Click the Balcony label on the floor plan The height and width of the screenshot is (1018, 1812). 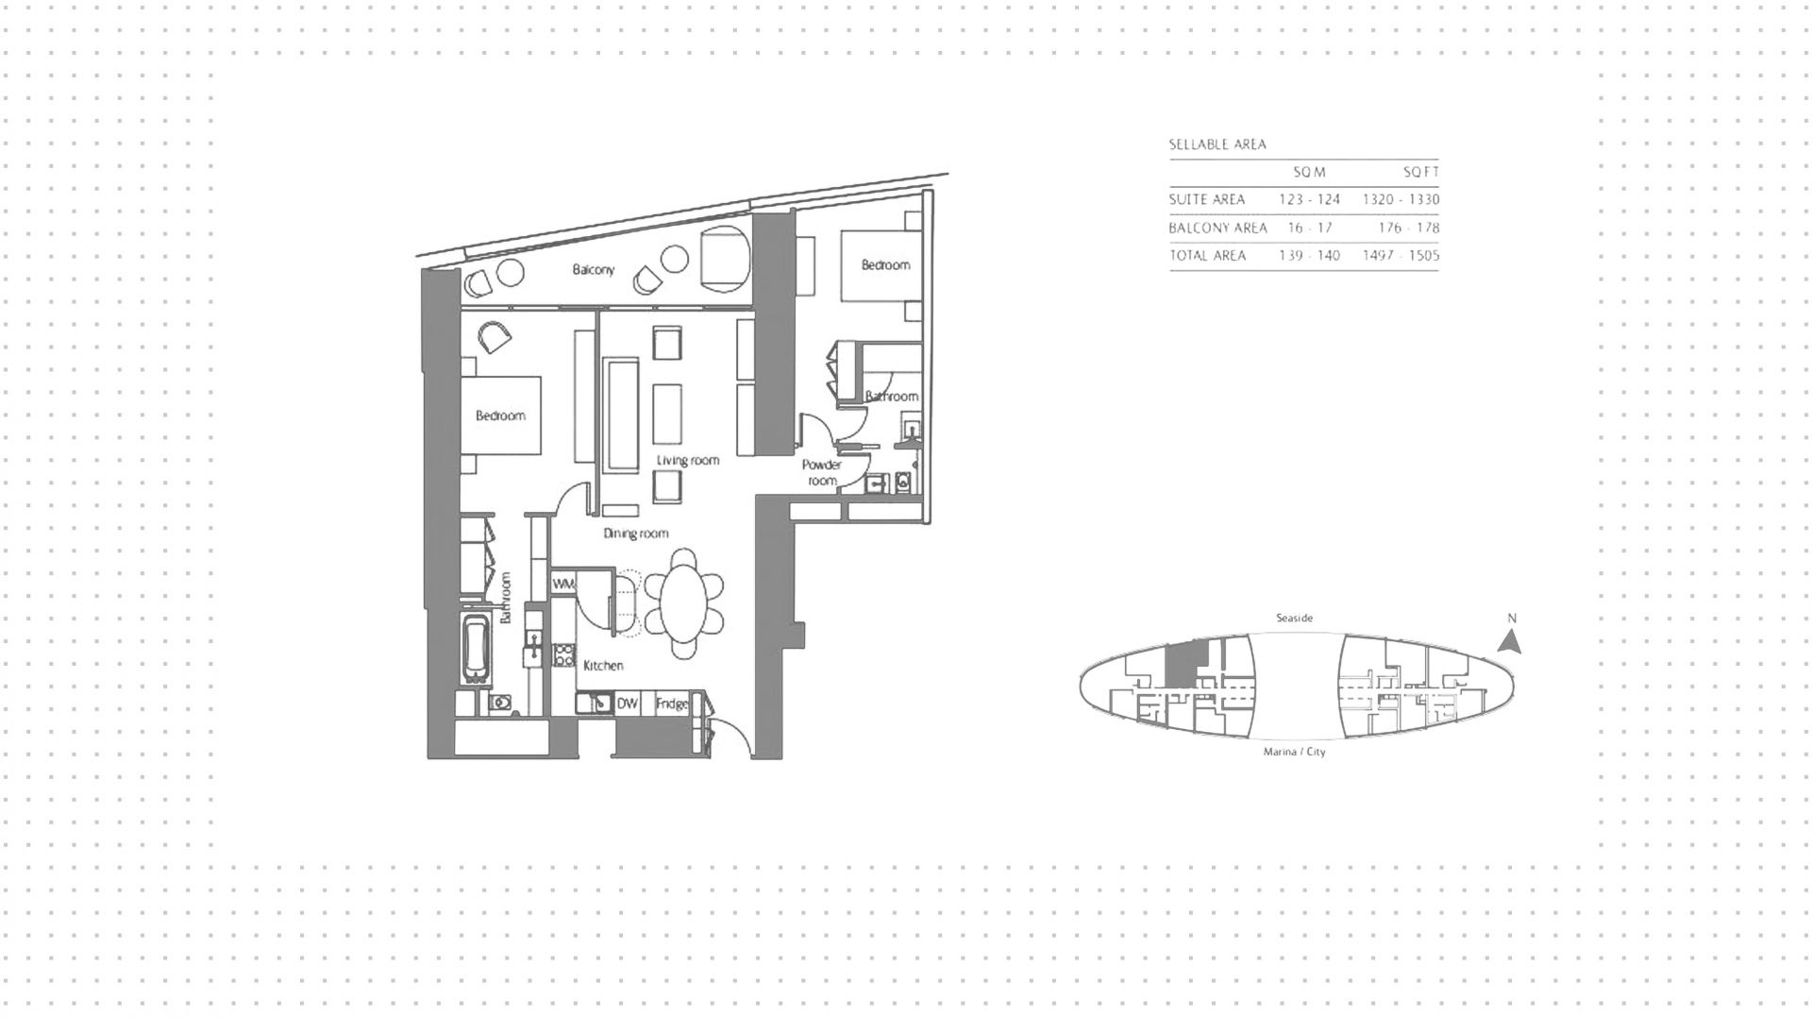(x=594, y=270)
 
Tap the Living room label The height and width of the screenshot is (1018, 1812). (x=688, y=461)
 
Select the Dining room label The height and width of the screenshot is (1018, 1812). (x=636, y=534)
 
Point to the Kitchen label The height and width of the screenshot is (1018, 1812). (x=603, y=666)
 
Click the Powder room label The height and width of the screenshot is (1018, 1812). (x=822, y=472)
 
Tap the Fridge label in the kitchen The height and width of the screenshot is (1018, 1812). (x=672, y=704)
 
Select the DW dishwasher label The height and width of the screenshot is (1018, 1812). (x=628, y=704)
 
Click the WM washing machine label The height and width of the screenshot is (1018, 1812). (x=563, y=584)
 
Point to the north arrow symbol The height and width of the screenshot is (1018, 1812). (x=1510, y=642)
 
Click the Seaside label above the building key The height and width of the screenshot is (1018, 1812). (x=1294, y=618)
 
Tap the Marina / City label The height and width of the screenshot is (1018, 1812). (x=1294, y=752)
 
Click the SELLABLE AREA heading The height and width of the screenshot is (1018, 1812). (x=1217, y=144)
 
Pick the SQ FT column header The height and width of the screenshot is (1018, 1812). (x=1420, y=172)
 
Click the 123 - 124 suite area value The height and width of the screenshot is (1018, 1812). (x=1309, y=199)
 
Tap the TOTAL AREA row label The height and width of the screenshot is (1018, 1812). (x=1207, y=255)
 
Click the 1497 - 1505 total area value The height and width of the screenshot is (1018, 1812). (x=1401, y=255)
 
